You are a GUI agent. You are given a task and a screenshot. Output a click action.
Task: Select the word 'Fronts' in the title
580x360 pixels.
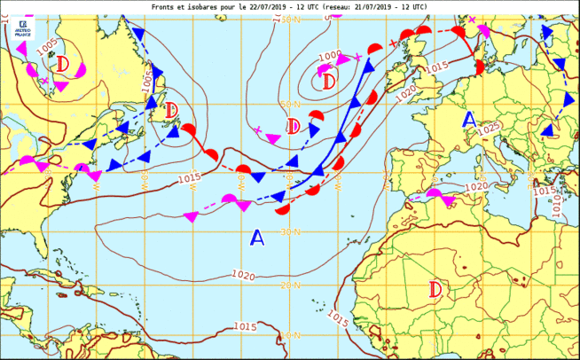165,5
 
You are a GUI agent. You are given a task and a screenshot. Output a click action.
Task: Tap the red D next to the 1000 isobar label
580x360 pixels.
329,82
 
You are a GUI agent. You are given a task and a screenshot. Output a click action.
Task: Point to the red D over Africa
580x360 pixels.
435,289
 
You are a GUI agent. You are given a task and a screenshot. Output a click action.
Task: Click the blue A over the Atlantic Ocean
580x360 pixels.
257,238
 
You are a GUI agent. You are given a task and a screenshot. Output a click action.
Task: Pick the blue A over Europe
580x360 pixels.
469,120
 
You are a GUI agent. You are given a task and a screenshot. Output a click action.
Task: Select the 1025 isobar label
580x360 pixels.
489,130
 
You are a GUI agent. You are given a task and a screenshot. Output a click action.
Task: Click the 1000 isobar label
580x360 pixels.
329,56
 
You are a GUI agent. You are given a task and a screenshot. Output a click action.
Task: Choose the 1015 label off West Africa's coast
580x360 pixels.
338,317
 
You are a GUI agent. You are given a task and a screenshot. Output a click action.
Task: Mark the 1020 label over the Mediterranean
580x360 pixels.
476,186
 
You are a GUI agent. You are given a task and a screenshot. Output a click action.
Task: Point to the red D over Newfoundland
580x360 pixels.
171,111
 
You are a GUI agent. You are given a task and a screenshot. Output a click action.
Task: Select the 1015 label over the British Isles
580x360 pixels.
436,68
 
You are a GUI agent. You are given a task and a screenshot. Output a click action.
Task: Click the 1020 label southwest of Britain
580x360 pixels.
405,90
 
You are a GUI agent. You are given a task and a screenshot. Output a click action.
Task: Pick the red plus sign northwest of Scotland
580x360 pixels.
393,43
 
